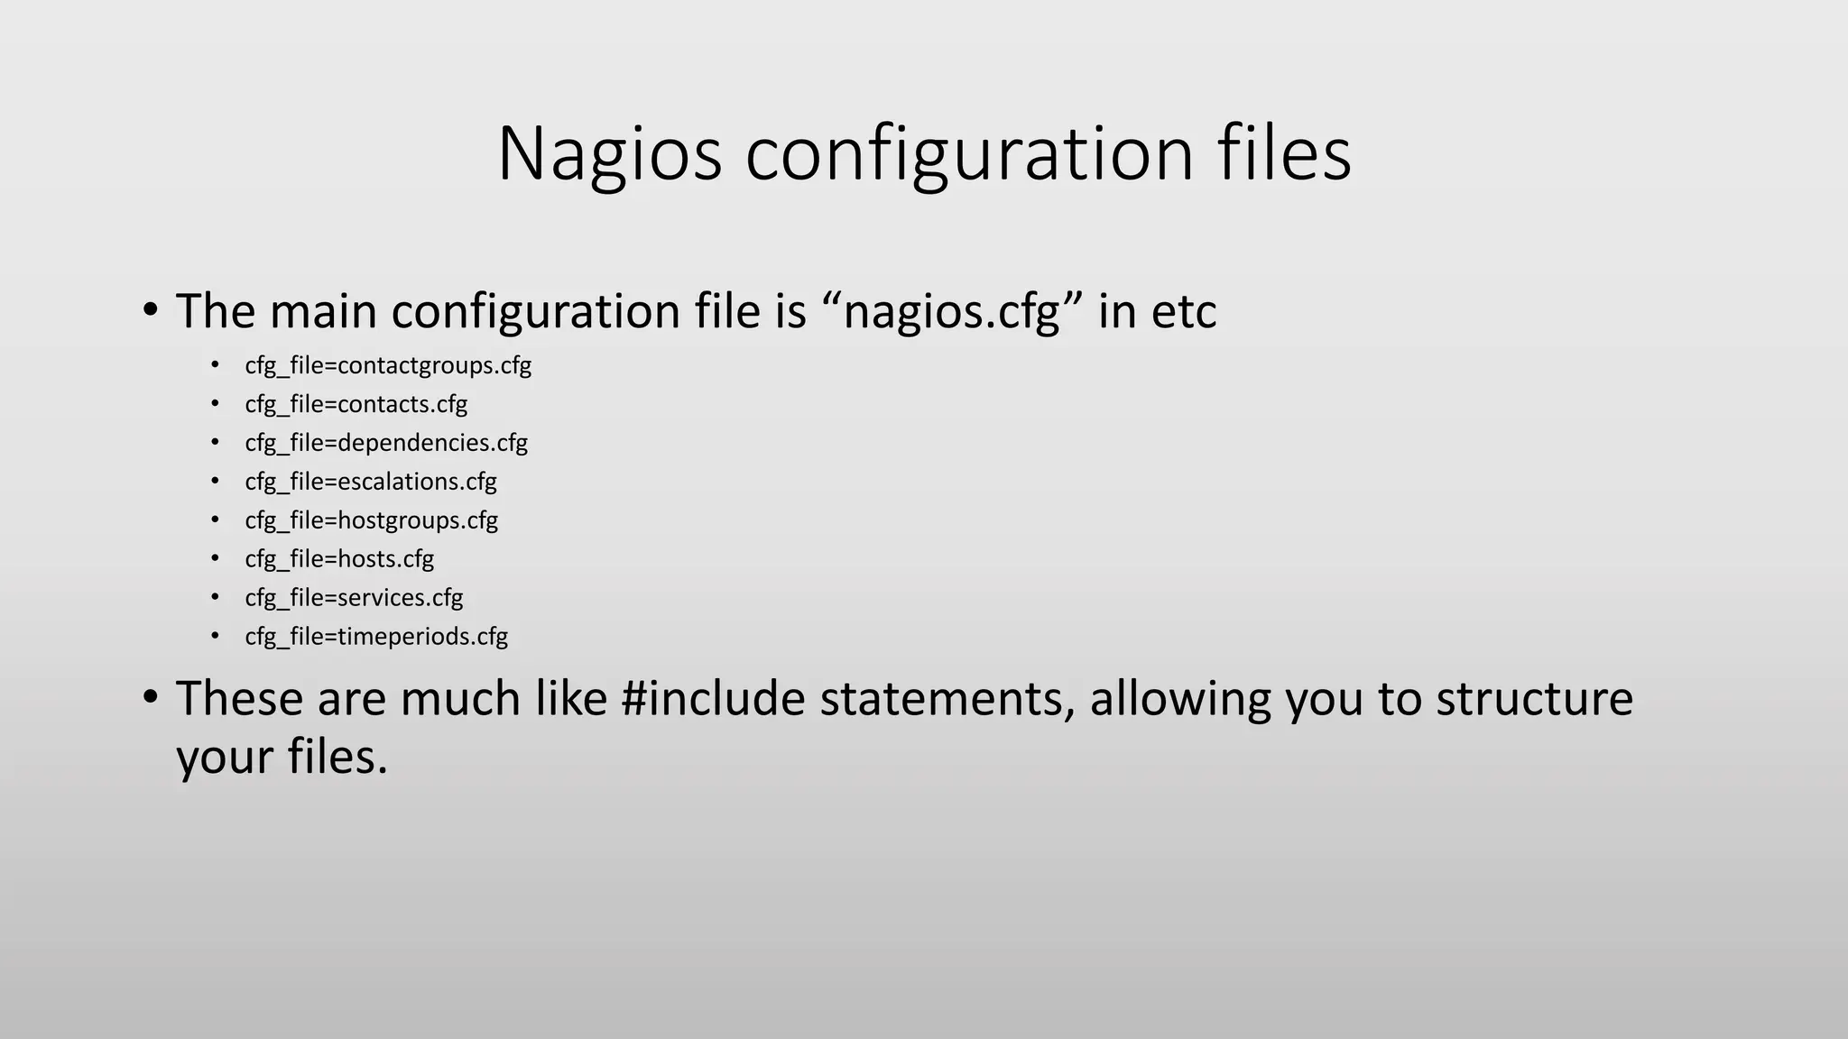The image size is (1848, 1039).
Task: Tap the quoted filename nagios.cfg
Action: click(951, 312)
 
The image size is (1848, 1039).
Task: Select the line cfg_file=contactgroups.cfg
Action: click(388, 365)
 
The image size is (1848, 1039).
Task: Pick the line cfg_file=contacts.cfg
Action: click(356, 404)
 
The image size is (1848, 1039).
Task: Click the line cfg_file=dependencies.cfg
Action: click(386, 443)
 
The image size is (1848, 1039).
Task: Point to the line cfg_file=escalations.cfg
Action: click(371, 482)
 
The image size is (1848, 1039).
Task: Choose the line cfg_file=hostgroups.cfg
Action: click(371, 520)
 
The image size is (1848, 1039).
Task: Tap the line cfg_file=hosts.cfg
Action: click(339, 559)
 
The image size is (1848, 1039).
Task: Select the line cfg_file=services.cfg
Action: click(354, 598)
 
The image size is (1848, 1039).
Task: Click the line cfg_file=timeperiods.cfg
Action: click(376, 637)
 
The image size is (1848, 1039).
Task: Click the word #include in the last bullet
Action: click(713, 699)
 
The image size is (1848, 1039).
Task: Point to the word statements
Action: click(947, 699)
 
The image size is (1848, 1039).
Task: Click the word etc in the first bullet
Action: click(1184, 312)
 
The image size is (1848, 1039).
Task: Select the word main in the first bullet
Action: click(323, 312)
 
